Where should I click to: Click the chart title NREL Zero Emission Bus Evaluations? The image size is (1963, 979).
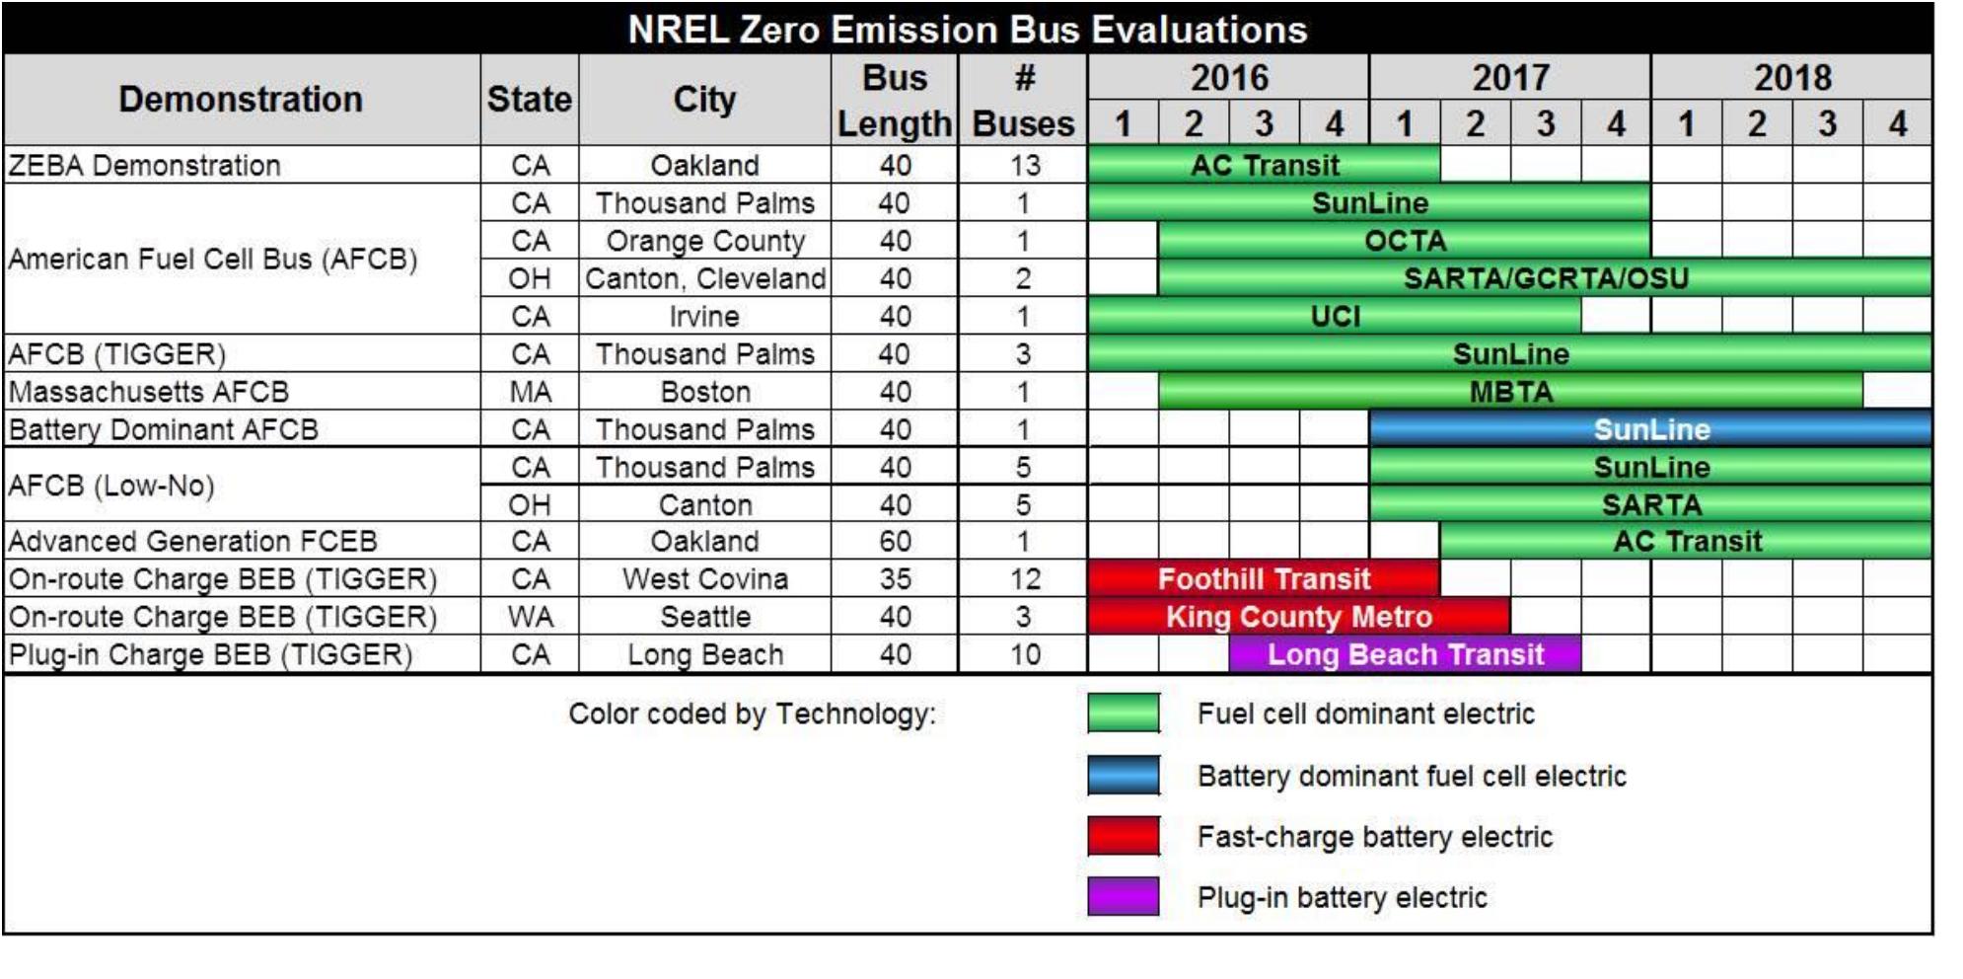967,30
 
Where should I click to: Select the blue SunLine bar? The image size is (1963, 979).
1649,429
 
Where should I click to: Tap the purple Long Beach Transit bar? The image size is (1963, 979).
1405,654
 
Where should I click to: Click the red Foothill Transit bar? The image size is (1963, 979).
1263,578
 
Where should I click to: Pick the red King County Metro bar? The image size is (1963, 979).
1298,617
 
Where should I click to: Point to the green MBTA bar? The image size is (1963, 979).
1510,392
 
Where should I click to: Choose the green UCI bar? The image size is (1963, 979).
1335,316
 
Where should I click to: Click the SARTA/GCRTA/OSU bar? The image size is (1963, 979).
1545,278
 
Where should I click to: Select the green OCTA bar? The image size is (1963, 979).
1404,241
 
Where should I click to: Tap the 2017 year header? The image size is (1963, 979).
1509,77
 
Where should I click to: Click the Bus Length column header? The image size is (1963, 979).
895,100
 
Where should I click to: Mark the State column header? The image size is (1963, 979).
529,100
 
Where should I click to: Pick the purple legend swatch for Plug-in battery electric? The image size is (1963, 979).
1124,897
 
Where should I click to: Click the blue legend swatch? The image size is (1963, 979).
1124,776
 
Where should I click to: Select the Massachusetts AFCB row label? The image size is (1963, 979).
149,392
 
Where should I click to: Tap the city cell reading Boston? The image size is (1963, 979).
705,392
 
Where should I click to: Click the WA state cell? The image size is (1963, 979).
530,617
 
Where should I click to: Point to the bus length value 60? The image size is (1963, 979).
895,541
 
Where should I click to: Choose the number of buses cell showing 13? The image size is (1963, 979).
1024,165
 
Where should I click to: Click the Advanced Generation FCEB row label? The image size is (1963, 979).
193,541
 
